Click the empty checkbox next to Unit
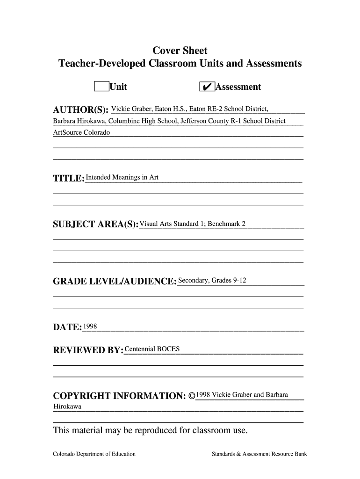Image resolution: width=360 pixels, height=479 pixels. click(101, 87)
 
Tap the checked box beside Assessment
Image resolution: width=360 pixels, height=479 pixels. click(207, 87)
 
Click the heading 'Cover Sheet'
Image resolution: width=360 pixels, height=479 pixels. click(180, 51)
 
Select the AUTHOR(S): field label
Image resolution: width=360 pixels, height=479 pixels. click(81, 110)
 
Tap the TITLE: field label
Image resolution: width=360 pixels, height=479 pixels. click(69, 178)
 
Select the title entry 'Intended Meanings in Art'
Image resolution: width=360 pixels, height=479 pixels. click(122, 177)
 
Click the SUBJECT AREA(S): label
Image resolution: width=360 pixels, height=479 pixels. click(96, 225)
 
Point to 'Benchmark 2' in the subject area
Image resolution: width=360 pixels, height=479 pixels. click(227, 224)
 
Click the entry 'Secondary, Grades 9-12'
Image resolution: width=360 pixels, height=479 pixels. click(212, 281)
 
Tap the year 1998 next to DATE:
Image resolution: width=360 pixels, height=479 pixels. click(90, 326)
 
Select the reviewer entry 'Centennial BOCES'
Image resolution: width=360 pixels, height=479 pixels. click(152, 349)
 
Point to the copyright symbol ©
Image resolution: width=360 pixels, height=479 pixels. click(192, 396)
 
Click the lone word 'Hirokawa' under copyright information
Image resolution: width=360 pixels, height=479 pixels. click(67, 406)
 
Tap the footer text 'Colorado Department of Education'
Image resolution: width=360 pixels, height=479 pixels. click(94, 454)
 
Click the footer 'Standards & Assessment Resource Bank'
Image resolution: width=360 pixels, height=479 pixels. click(259, 454)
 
